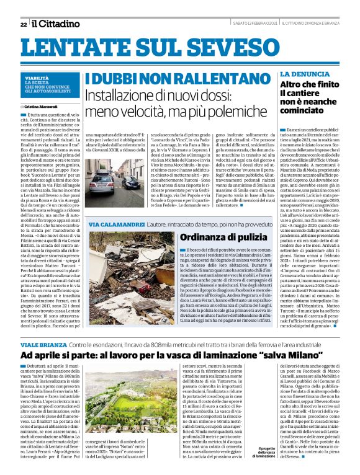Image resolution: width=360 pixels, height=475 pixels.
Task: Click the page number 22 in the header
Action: coord(24,24)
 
